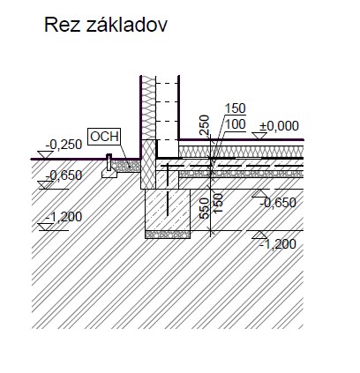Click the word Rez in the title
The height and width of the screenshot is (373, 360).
(x=63, y=25)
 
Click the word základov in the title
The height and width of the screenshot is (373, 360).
(x=127, y=24)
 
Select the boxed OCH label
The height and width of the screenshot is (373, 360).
(x=104, y=137)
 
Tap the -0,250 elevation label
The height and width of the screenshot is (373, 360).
(x=64, y=145)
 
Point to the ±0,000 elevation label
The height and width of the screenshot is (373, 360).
(x=279, y=126)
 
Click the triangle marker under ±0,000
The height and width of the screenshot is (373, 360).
(x=259, y=136)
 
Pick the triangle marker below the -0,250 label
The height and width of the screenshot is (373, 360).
(x=45, y=155)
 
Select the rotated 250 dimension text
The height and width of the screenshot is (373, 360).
(x=204, y=125)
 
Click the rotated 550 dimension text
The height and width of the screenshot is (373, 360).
(x=204, y=208)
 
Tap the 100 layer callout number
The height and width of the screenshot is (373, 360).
(x=235, y=124)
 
